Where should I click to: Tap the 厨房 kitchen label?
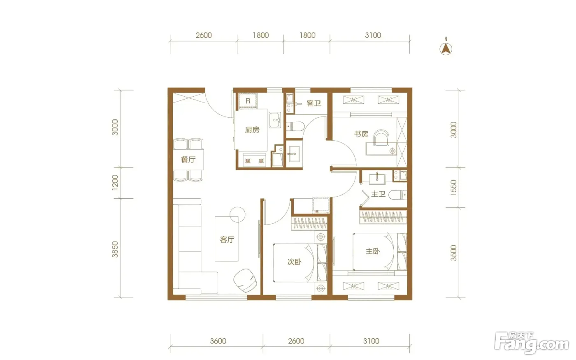tap(252, 130)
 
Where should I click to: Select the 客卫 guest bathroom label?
tap(314, 103)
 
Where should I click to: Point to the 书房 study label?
tap(361, 134)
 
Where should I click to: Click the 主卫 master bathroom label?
tap(378, 194)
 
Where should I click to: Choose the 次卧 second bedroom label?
tap(295, 262)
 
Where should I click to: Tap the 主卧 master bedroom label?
tap(373, 251)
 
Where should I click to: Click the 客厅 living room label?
tap(227, 239)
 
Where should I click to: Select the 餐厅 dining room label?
tap(188, 160)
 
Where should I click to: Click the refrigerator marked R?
tap(248, 101)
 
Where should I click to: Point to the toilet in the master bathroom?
tap(397, 195)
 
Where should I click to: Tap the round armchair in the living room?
tap(245, 280)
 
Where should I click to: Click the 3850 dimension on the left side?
tap(115, 249)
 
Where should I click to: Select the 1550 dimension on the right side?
tap(453, 188)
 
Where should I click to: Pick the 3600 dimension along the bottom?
tap(218, 341)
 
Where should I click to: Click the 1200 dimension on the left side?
tap(115, 183)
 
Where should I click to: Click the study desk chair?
tap(381, 137)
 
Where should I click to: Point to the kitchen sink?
tap(275, 120)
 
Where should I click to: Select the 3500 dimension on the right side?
tap(453, 253)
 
